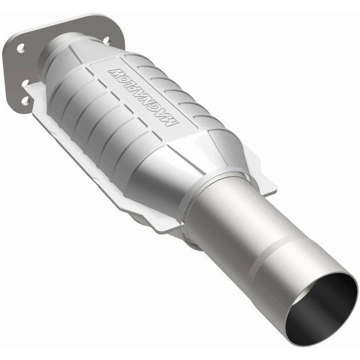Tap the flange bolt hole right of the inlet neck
[x=106, y=40]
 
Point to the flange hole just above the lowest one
[x=25, y=84]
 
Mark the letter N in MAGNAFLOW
[x=150, y=101]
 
